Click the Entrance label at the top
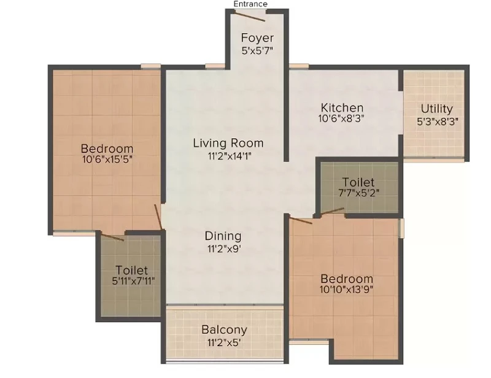click(250, 4)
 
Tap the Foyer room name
click(257, 38)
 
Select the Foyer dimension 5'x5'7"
click(257, 50)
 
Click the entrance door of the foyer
click(250, 17)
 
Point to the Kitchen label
click(342, 108)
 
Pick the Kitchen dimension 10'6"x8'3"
click(341, 118)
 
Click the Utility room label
click(437, 109)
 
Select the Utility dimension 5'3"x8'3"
click(438, 121)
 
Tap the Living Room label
click(228, 143)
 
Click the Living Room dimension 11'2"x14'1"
click(230, 156)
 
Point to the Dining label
click(223, 236)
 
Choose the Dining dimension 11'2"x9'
click(223, 249)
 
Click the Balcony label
click(224, 330)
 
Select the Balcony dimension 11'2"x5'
click(223, 342)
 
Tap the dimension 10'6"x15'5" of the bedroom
click(107, 159)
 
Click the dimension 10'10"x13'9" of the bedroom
click(346, 290)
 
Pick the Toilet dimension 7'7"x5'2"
click(359, 192)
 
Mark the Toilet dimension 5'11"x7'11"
click(133, 281)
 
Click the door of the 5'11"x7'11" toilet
click(112, 237)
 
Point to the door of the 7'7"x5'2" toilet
click(332, 211)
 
